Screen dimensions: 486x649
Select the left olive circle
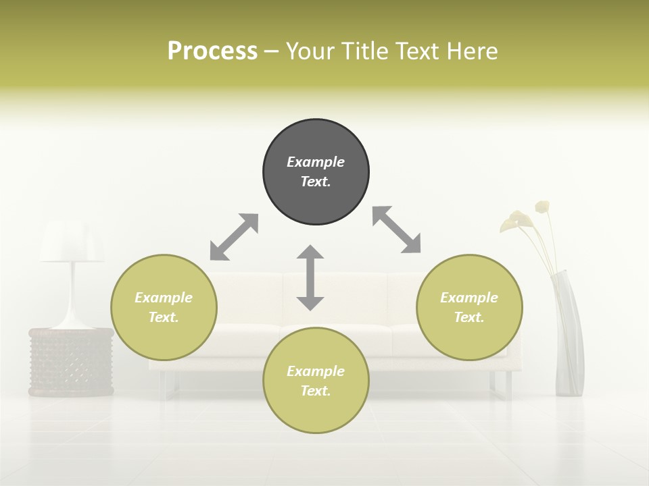coord(164,307)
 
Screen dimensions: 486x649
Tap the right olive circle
coord(469,307)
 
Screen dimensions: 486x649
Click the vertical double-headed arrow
coord(310,277)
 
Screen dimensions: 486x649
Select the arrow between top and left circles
coord(234,237)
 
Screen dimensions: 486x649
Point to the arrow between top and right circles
coord(397,230)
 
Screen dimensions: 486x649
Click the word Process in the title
coord(212,51)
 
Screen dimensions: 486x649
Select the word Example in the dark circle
coord(316,162)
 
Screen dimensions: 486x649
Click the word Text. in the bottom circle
coord(316,391)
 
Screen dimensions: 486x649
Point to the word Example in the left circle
coord(164,298)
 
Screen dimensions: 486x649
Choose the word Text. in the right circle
coord(469,317)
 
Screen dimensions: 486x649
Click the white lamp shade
coord(72,243)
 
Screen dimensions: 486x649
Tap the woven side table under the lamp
coord(71,362)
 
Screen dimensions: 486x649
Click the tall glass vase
coord(569,337)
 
